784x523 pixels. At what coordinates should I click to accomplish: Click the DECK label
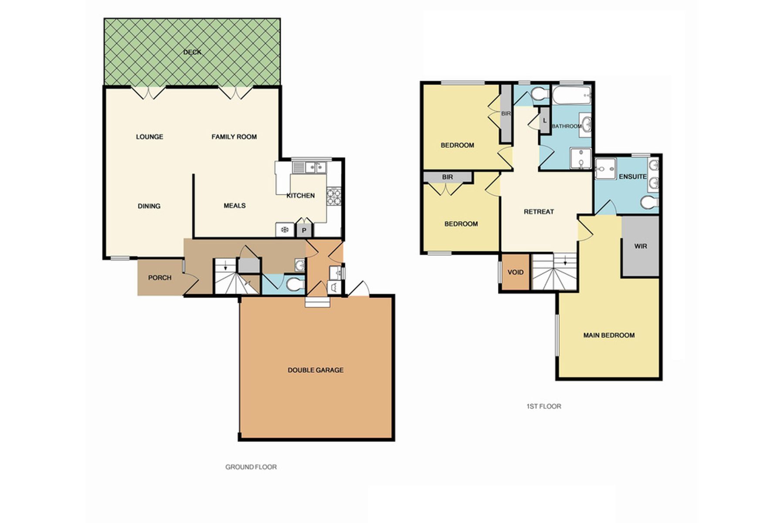[x=192, y=52]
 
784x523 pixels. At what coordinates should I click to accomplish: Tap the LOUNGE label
[x=149, y=137]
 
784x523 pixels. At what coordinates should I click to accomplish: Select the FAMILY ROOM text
[x=234, y=137]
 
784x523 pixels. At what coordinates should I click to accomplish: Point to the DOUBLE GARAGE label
[x=316, y=370]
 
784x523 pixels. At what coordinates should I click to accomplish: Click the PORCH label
[x=160, y=278]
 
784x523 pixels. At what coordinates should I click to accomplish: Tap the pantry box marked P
[x=304, y=230]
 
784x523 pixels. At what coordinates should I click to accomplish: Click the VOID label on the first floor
[x=516, y=272]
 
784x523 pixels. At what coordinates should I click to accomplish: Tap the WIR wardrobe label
[x=641, y=246]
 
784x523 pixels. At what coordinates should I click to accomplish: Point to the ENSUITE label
[x=633, y=177]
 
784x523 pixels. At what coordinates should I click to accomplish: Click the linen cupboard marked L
[x=544, y=120]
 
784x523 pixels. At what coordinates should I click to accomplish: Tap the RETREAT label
[x=539, y=212]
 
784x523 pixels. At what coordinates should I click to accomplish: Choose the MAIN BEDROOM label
[x=609, y=335]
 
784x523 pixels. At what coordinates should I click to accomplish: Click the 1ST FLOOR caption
[x=544, y=406]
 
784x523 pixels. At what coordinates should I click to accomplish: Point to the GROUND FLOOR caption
[x=251, y=467]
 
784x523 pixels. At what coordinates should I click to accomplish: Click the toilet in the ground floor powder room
[x=296, y=285]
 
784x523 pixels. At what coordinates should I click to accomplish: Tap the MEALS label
[x=234, y=206]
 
